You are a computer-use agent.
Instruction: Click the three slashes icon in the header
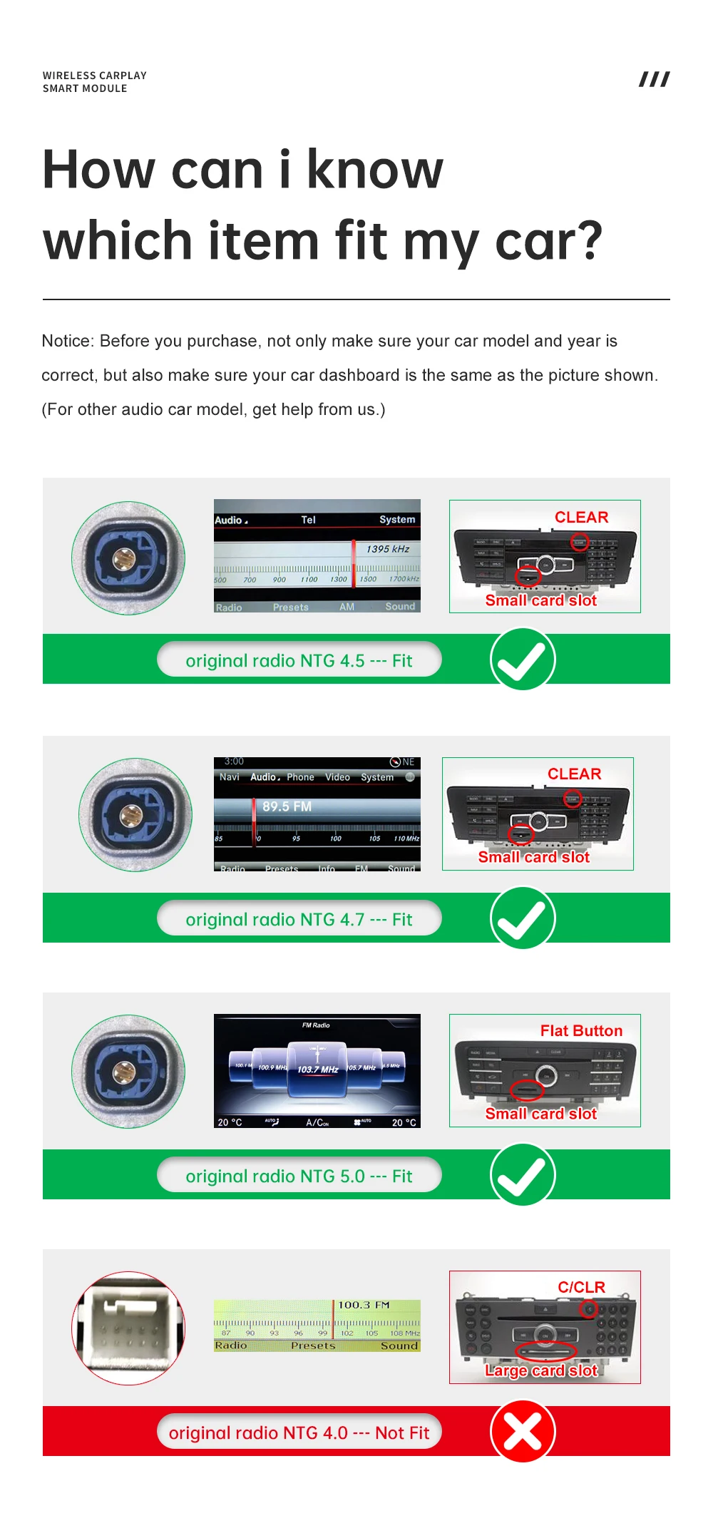tap(654, 79)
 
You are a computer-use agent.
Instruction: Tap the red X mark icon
tap(523, 1431)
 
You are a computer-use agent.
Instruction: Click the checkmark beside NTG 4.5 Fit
tap(523, 660)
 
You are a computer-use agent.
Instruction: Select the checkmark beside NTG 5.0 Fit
tap(523, 1174)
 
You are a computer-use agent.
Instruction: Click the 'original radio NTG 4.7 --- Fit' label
tap(299, 919)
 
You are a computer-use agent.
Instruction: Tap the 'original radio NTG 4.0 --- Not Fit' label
tap(299, 1432)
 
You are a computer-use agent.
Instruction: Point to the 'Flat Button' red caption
tap(581, 1030)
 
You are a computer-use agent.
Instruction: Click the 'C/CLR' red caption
tap(581, 1287)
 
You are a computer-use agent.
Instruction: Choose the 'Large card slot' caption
tap(541, 1370)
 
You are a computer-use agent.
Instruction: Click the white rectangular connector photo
tap(128, 1328)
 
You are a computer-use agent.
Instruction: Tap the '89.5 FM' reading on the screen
tap(287, 806)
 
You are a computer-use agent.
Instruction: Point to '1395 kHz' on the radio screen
tap(388, 549)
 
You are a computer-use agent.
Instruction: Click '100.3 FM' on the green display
tap(364, 1305)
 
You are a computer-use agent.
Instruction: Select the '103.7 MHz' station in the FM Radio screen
tap(317, 1070)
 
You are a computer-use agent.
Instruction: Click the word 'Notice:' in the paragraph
tap(68, 341)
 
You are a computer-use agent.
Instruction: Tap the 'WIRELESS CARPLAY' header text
tap(94, 76)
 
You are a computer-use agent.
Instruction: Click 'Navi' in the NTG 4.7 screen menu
tap(230, 777)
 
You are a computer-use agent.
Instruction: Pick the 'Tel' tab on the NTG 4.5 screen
tap(308, 520)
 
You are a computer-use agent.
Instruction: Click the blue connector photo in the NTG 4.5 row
tap(128, 558)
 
